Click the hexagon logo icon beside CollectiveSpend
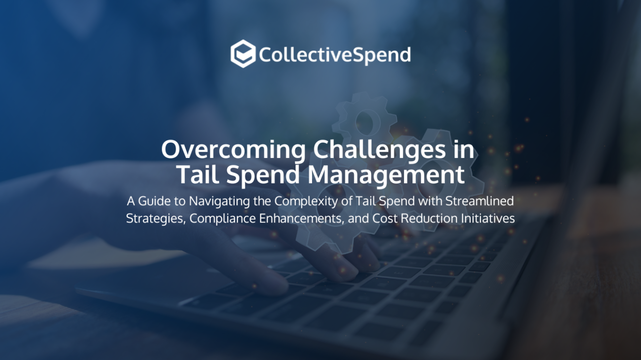click(x=243, y=54)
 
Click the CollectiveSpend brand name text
click(x=334, y=55)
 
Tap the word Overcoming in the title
click(x=233, y=150)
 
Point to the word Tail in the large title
click(x=196, y=175)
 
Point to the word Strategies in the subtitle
click(x=155, y=218)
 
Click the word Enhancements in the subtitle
click(x=301, y=218)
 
